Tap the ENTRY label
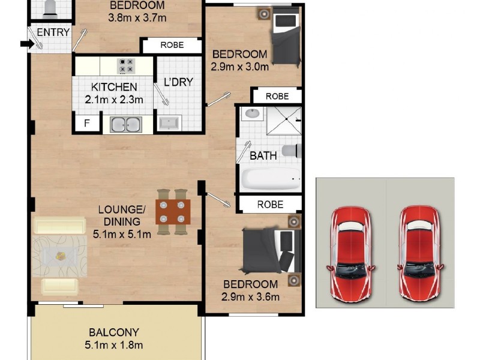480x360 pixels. click(x=53, y=32)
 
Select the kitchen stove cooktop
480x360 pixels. click(x=126, y=65)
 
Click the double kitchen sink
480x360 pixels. click(x=126, y=125)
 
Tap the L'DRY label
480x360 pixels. click(x=178, y=82)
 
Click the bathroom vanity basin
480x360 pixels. click(x=252, y=115)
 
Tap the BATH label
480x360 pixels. click(x=263, y=156)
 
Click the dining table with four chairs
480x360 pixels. click(x=173, y=212)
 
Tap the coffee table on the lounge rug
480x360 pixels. click(x=60, y=256)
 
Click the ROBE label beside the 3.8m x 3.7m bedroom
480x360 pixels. click(x=171, y=45)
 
